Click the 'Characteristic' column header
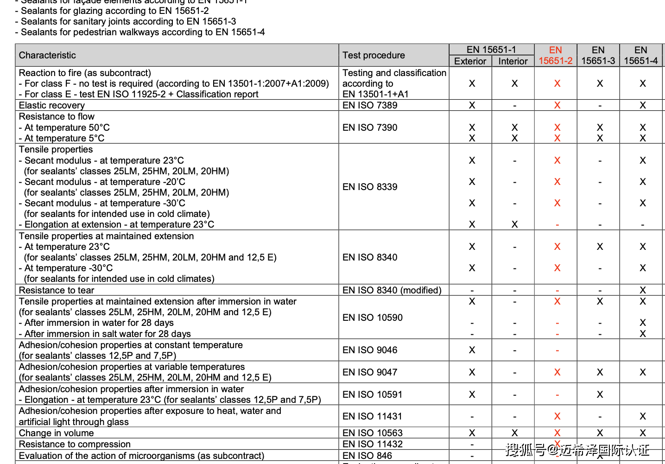tap(47, 55)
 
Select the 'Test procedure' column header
tap(374, 55)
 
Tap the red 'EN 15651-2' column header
tap(556, 55)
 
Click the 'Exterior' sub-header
tap(470, 61)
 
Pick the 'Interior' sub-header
tap(513, 61)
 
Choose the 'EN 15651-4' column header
tap(641, 55)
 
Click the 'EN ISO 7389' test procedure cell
tap(370, 105)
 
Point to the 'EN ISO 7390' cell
tap(370, 127)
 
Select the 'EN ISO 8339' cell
tap(370, 187)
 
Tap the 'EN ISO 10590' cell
tap(373, 318)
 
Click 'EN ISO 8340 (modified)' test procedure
tap(392, 290)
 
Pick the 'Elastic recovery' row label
tap(52, 105)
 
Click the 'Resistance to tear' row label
tap(57, 290)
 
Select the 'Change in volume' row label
tap(56, 433)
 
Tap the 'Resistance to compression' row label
tap(75, 444)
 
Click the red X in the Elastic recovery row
tap(557, 105)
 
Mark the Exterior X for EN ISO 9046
tap(472, 350)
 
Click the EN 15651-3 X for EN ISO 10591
tap(600, 394)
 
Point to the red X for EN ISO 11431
tap(557, 416)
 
